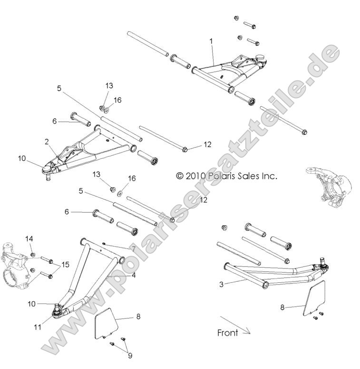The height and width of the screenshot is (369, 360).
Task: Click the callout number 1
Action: point(211,42)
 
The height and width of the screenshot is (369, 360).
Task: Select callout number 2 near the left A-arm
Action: point(47,141)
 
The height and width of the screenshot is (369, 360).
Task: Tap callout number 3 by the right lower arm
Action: point(221,284)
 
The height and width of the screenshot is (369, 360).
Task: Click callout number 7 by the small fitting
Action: point(134,249)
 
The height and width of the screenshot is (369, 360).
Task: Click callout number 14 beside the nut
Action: point(29,239)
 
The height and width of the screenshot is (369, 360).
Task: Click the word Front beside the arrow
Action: point(227,332)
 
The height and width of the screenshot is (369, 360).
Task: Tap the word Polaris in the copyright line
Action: point(224,176)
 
